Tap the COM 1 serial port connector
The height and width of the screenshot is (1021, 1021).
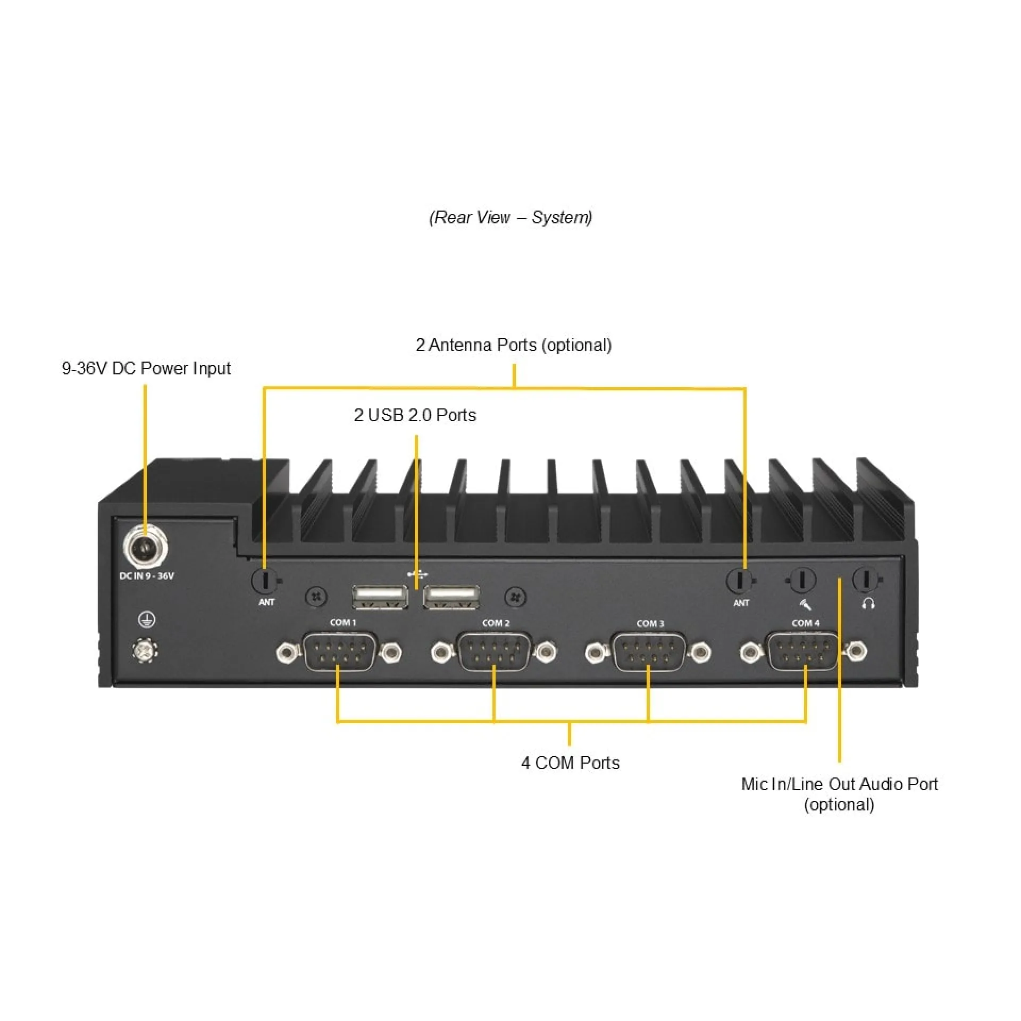339,652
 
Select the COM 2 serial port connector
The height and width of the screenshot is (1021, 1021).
494,652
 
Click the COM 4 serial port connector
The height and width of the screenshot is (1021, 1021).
804,652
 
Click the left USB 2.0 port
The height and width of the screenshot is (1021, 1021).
380,596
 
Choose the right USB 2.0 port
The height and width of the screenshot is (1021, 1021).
451,596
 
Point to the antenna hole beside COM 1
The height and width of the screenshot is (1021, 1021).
265,580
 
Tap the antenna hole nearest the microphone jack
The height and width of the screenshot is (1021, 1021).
740,580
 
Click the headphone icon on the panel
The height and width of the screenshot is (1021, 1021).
868,604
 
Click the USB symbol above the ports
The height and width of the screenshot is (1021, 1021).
418,574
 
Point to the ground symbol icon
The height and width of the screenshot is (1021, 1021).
147,619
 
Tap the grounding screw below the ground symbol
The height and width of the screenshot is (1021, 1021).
145,650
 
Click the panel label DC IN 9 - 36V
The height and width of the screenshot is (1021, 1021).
147,576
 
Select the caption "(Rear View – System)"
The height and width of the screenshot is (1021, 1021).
510,217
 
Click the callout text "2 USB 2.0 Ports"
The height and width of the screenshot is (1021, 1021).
415,415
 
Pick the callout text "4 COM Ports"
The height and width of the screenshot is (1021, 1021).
571,763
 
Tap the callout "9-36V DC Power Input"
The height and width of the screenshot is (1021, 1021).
146,369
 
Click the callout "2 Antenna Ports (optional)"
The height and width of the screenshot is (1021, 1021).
514,345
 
